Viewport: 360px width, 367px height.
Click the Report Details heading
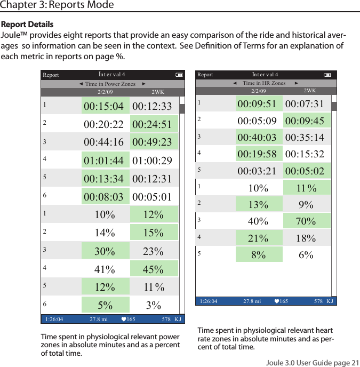point(27,25)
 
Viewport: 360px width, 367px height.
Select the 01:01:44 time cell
point(104,161)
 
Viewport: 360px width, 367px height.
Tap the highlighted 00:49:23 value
point(152,142)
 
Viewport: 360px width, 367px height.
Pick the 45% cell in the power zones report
point(154,269)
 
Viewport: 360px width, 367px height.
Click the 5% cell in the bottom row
point(105,305)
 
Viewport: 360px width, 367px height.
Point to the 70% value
point(306,221)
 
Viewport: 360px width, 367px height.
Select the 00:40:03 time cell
point(257,138)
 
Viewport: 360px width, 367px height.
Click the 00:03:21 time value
point(257,171)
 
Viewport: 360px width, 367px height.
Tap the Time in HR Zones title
point(264,83)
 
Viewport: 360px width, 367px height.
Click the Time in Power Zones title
point(110,84)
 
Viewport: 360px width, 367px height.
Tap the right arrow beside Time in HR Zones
point(297,83)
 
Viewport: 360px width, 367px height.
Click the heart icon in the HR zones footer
point(276,301)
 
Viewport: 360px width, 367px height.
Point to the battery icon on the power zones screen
point(179,75)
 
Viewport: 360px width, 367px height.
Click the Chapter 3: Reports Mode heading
point(57,5)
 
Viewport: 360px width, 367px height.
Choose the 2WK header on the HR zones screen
point(310,91)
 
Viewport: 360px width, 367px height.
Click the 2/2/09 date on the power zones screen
point(105,92)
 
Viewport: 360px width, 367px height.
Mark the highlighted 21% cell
point(259,238)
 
